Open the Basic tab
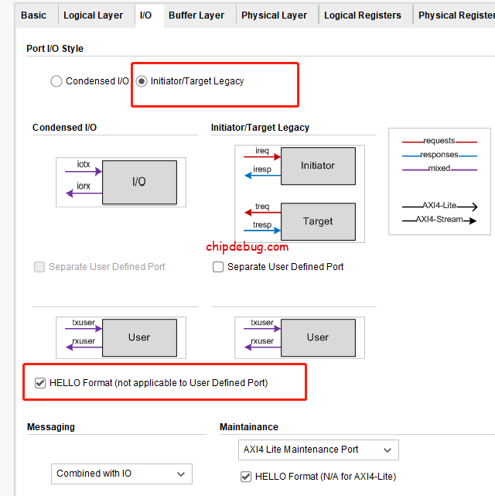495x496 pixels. point(33,15)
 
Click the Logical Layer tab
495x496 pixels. point(93,15)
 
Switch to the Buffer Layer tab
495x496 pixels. point(196,15)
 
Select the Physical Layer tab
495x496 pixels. point(274,15)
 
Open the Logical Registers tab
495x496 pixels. point(363,15)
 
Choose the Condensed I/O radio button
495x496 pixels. point(56,81)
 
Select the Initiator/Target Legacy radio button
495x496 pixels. point(142,81)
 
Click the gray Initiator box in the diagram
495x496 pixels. point(318,166)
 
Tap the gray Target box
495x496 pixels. point(318,221)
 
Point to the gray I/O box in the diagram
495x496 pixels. point(139,182)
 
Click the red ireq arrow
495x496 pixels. point(262,156)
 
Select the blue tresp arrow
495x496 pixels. point(262,231)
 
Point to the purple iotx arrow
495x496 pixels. point(84,172)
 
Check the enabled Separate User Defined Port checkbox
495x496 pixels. point(218,267)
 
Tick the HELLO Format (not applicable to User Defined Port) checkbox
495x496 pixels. point(40,383)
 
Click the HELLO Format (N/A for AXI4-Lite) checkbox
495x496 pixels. point(246,477)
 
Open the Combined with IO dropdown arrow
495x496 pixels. point(181,474)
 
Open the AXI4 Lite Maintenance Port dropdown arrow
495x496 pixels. point(387,450)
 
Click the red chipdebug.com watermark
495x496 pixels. point(247,247)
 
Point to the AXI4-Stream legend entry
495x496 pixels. point(439,220)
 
